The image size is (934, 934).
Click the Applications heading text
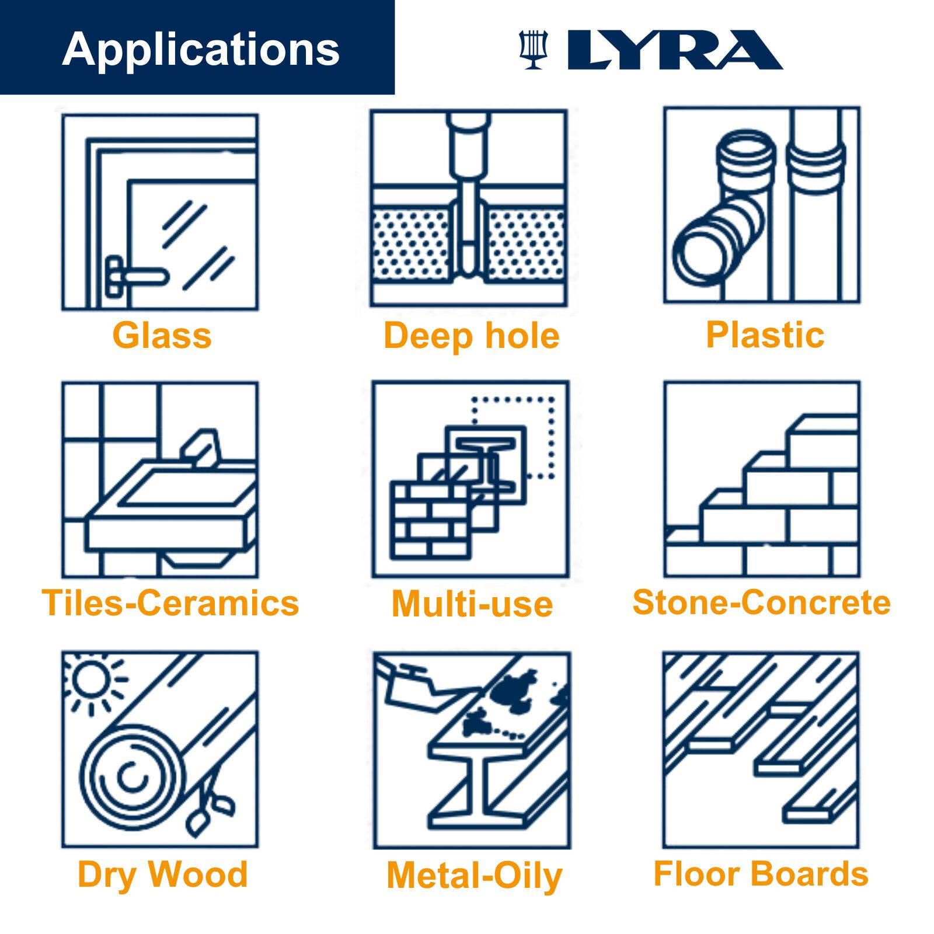pos(200,50)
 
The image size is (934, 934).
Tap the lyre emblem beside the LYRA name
pos(533,50)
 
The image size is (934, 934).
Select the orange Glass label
pos(162,336)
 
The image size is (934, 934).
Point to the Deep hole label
pos(471,336)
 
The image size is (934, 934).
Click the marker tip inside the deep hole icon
pos(468,257)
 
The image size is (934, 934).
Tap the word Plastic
pos(765,335)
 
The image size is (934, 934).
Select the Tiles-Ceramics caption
pos(170,603)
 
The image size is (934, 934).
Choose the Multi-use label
pos(472,604)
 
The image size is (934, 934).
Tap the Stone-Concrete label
pos(761,602)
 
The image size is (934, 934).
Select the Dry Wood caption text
pos(162,874)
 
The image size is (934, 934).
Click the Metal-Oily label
pos(474,876)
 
